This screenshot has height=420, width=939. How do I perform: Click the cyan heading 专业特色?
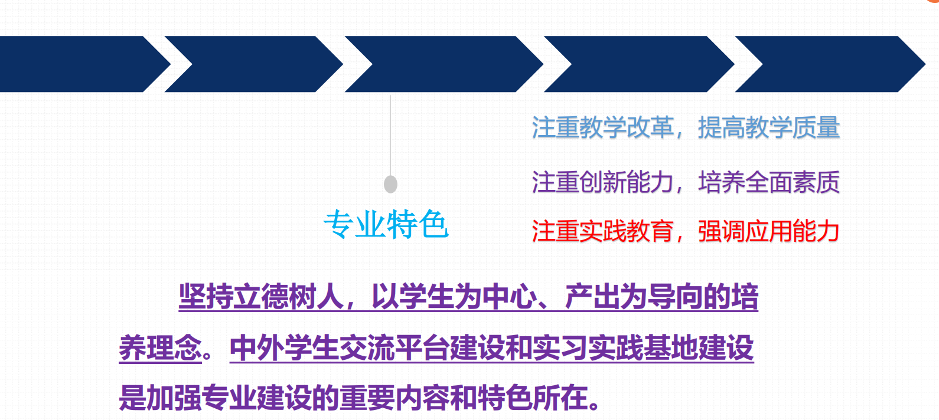(x=386, y=224)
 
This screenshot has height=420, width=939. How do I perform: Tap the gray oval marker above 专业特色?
(x=391, y=184)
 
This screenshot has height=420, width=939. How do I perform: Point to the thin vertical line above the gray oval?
(x=391, y=135)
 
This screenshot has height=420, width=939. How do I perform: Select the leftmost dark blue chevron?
(x=85, y=64)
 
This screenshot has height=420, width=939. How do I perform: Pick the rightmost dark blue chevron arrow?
(x=830, y=64)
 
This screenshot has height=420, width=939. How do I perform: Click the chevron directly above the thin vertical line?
(x=444, y=64)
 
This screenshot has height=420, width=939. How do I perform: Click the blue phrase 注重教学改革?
(x=603, y=127)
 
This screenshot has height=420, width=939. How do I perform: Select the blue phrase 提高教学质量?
(x=769, y=127)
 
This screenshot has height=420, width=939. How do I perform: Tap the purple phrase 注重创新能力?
(x=603, y=182)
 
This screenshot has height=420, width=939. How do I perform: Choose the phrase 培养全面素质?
(x=769, y=182)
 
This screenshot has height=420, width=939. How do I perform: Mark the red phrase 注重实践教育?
(x=603, y=231)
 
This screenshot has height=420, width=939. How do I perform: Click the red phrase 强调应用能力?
(x=769, y=231)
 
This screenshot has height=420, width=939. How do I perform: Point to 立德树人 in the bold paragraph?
(x=289, y=297)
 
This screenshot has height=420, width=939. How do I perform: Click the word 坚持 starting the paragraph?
(x=206, y=297)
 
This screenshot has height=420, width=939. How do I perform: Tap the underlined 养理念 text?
(x=161, y=348)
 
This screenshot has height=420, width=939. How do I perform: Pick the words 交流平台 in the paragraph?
(x=394, y=348)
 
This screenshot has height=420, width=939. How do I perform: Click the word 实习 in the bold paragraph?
(x=560, y=348)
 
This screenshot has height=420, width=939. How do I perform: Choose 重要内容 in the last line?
(x=394, y=398)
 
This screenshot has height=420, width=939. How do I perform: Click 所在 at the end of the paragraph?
(x=560, y=398)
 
